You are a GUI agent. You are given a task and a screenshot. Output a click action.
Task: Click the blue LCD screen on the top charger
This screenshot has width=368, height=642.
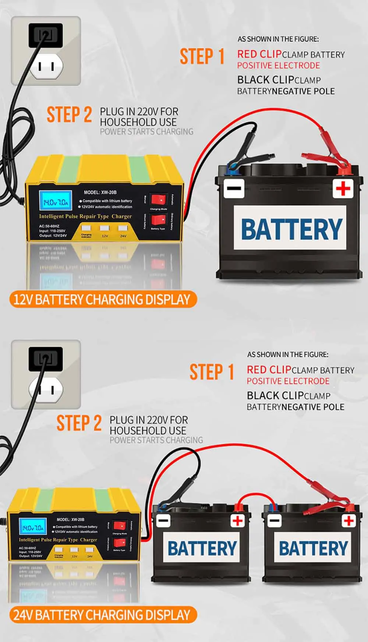[x=55, y=202]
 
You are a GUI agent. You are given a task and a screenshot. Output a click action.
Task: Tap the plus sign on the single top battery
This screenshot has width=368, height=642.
[x=343, y=189]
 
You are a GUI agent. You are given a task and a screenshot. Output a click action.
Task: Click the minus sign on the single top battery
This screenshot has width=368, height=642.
[x=234, y=188]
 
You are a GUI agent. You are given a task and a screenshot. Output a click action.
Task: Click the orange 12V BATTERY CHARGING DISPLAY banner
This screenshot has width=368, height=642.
[x=102, y=300]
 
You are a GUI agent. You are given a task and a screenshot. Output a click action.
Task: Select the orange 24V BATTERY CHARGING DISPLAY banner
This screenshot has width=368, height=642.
[x=102, y=615]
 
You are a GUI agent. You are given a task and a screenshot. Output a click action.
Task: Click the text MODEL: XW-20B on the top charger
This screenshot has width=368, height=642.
[x=100, y=192]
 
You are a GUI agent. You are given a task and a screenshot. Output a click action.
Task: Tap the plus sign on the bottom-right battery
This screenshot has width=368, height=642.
[x=348, y=521]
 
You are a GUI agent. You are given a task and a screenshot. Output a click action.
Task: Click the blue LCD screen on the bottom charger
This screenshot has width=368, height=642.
[x=33, y=528]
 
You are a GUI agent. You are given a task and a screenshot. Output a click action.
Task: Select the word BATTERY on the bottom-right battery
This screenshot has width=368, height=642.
[x=313, y=548]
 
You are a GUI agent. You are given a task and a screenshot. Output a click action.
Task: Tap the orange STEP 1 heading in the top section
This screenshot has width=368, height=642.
[x=202, y=57]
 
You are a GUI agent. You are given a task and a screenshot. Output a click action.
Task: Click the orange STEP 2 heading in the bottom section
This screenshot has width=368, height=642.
[x=79, y=423]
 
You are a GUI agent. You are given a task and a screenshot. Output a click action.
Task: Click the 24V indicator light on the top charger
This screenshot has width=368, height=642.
[x=123, y=229]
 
